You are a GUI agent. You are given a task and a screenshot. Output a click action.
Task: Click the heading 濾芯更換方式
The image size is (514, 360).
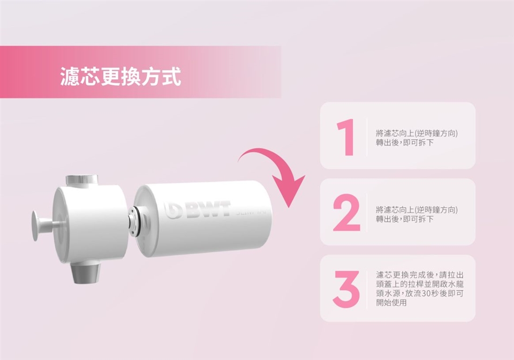[120, 77]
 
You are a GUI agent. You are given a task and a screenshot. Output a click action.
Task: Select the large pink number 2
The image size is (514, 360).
[346, 213]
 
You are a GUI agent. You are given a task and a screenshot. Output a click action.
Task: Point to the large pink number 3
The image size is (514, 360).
[346, 289]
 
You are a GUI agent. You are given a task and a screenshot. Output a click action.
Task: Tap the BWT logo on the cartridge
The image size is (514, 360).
[198, 210]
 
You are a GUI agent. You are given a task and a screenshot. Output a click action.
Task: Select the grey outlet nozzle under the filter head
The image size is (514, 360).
[86, 272]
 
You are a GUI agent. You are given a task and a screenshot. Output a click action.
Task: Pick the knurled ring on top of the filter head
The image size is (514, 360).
[81, 179]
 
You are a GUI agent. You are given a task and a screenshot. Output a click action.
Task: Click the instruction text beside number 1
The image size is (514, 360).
[417, 138]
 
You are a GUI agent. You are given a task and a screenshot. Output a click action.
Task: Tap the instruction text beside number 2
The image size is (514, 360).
[417, 214]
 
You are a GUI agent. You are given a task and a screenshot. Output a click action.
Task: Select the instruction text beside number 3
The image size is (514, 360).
[420, 289]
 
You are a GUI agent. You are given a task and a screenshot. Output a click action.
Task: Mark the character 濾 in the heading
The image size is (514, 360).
[70, 77]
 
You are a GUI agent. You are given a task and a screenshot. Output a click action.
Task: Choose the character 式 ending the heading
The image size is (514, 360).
[171, 77]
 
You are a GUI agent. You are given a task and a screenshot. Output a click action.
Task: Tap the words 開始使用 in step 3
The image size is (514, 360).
[391, 302]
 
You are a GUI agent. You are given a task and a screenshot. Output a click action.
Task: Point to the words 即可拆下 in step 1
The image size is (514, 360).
[418, 142]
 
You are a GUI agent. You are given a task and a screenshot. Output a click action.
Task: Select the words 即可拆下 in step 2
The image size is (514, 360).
[418, 219]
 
